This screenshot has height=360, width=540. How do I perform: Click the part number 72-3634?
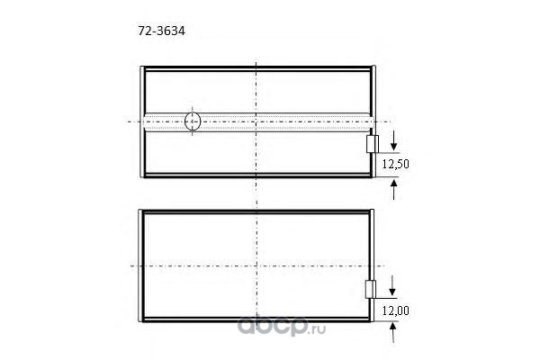point(161,31)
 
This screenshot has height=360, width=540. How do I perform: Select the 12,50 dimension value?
point(396,164)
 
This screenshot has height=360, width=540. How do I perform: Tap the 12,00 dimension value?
point(396,310)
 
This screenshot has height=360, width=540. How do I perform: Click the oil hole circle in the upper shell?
point(193,121)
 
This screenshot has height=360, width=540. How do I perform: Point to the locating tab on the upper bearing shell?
point(373,144)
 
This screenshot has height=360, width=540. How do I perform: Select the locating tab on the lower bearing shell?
point(370,290)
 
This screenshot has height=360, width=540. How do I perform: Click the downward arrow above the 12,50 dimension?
point(393,141)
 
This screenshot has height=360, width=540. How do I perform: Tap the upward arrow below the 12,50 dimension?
point(393,189)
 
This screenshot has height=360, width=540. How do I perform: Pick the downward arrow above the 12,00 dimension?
point(391,285)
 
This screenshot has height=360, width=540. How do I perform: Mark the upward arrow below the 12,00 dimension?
point(392,332)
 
